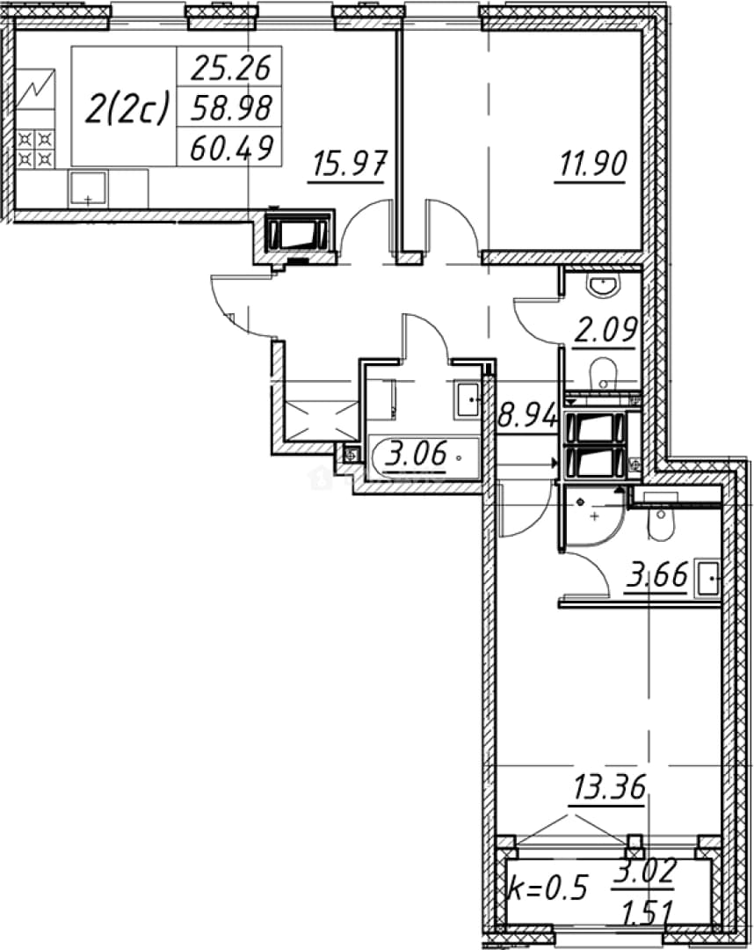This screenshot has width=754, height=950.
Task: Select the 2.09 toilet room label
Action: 605,331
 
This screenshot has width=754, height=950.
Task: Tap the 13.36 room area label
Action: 609,787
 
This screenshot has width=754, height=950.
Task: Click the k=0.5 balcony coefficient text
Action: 547,888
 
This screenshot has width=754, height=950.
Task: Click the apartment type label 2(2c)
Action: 126,109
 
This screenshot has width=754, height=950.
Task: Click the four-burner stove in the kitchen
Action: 35,149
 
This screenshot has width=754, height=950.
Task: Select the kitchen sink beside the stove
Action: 89,188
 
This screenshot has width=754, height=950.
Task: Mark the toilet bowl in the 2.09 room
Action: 603,373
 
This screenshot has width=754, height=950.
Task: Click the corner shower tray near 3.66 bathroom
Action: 591,517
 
